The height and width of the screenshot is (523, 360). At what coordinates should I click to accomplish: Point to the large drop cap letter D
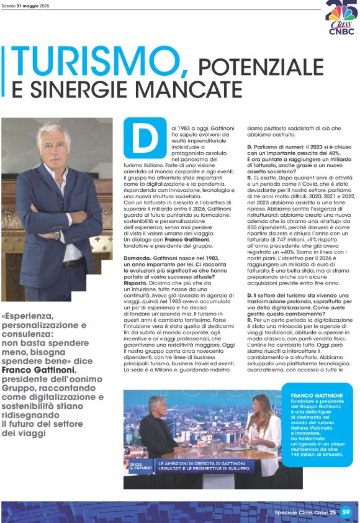(x=145, y=137)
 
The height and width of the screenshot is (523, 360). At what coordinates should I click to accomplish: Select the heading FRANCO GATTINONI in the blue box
(x=316, y=395)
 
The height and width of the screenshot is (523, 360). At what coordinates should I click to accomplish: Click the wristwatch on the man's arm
(x=57, y=235)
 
